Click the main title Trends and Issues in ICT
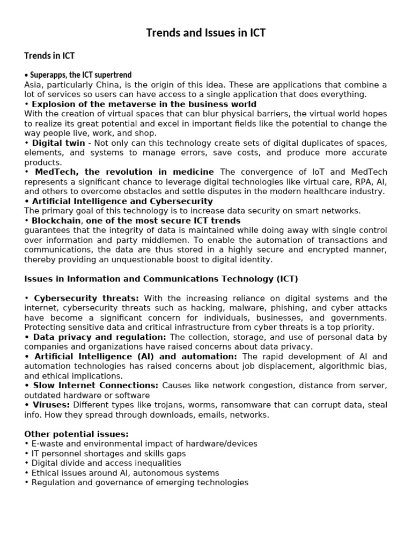tap(206, 33)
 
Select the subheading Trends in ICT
tap(49, 56)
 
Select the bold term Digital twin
tap(58, 143)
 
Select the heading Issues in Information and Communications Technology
tap(161, 279)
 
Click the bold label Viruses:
tap(51, 405)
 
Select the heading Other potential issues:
tap(77, 434)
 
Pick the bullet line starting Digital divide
tap(106, 463)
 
